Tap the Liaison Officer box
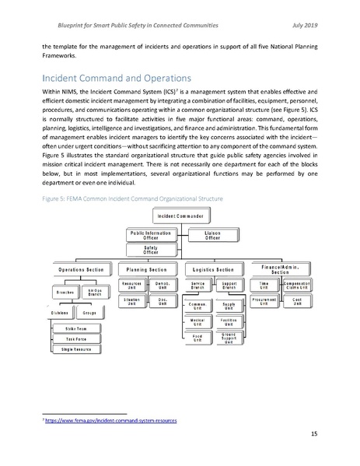[x=211, y=233]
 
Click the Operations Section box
[x=81, y=270]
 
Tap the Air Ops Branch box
[x=99, y=293]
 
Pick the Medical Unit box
[x=197, y=321]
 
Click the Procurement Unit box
[x=263, y=301]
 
